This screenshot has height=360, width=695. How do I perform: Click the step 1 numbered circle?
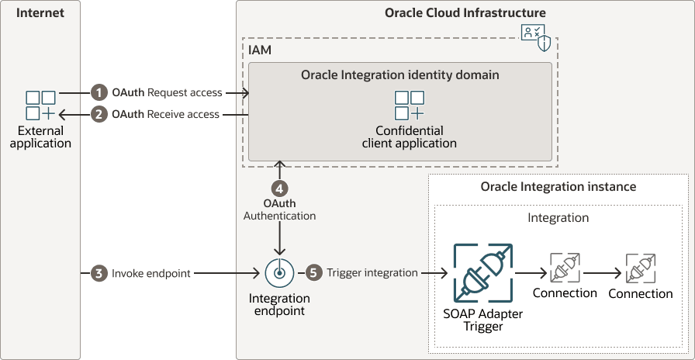coord(99,92)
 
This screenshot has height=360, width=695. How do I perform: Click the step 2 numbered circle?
coord(99,114)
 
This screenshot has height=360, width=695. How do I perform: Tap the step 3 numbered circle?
coord(99,273)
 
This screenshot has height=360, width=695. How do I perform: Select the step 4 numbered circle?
coord(280,188)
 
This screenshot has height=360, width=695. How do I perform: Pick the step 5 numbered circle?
coord(313,273)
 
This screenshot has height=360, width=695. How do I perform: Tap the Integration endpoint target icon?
coord(279,273)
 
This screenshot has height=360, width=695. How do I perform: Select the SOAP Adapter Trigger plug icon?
coord(483,273)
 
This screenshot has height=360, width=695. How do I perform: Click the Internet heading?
coord(40,13)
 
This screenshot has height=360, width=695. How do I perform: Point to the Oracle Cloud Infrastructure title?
coord(465,13)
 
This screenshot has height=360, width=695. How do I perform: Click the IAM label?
coord(260,50)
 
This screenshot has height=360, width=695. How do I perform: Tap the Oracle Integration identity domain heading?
coord(399,75)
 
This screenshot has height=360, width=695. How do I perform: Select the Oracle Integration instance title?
coord(558,187)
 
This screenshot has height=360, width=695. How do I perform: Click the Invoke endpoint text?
coord(151,273)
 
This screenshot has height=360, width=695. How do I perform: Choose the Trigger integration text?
coord(372,273)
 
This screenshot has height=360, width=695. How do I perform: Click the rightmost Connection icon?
coord(641,268)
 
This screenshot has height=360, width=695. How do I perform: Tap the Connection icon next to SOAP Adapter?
coord(564,268)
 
